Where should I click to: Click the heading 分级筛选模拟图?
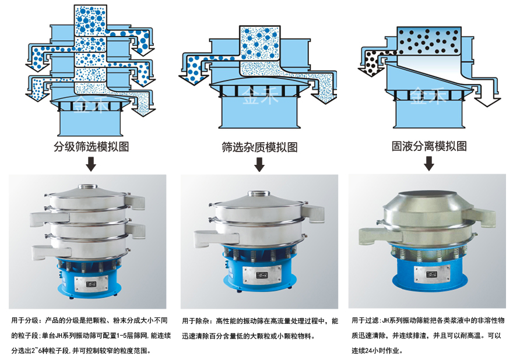(x=91, y=146)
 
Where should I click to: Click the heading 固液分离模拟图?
(x=429, y=146)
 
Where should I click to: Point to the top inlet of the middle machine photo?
(x=258, y=195)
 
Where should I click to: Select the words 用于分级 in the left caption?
(x=26, y=320)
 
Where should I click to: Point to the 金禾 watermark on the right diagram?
(x=428, y=97)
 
